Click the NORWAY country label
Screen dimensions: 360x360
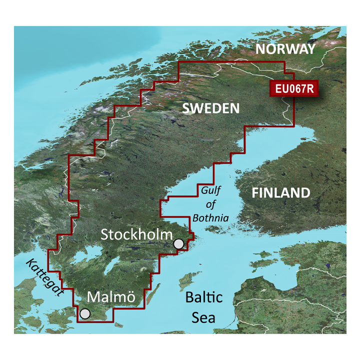(x=285, y=49)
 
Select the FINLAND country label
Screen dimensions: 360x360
(x=280, y=193)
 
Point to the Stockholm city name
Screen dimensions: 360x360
(x=136, y=234)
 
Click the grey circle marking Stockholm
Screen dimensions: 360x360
(x=178, y=244)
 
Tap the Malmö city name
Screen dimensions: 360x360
(x=111, y=297)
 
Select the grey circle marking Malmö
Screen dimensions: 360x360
(x=85, y=313)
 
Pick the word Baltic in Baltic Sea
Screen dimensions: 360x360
(x=203, y=298)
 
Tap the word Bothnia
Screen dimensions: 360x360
(x=211, y=218)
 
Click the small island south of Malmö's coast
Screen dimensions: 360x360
(x=119, y=325)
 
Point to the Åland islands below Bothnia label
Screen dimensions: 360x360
(x=216, y=229)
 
